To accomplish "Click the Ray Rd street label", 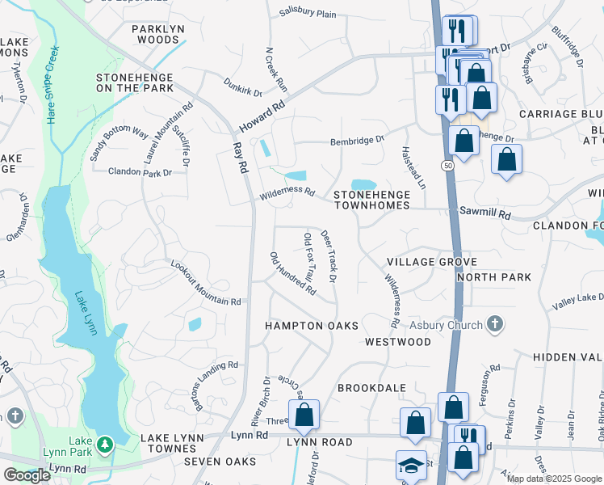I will (239, 158).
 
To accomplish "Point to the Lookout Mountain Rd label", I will (206, 283).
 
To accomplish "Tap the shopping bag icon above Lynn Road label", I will (304, 415).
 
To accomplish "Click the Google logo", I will (27, 475).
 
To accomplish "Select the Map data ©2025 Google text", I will (554, 479).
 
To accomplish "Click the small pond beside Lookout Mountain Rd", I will (195, 325).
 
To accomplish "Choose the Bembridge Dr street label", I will (357, 141).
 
